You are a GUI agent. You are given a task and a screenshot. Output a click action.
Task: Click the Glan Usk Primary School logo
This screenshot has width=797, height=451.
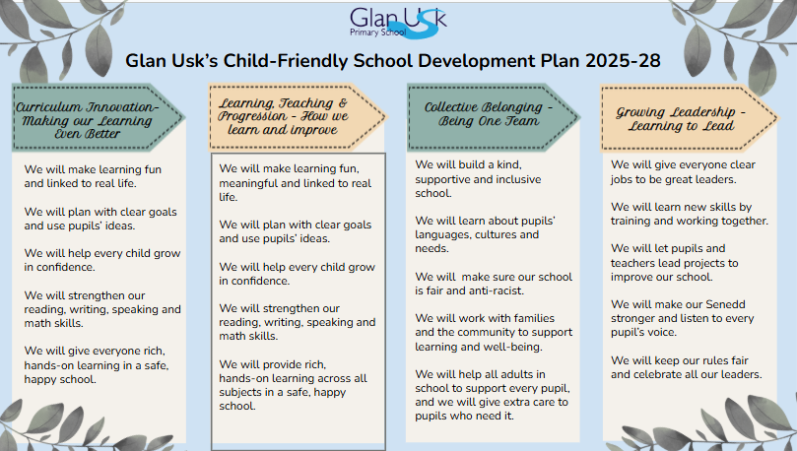[398, 23]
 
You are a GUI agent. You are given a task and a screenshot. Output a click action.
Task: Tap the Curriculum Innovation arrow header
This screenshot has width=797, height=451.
[99, 118]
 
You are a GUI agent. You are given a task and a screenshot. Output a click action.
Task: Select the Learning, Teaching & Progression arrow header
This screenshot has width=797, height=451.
[297, 117]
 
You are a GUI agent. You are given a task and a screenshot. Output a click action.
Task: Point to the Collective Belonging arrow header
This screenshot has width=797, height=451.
[493, 117]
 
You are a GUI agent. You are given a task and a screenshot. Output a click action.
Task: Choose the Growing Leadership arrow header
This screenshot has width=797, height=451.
[690, 118]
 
